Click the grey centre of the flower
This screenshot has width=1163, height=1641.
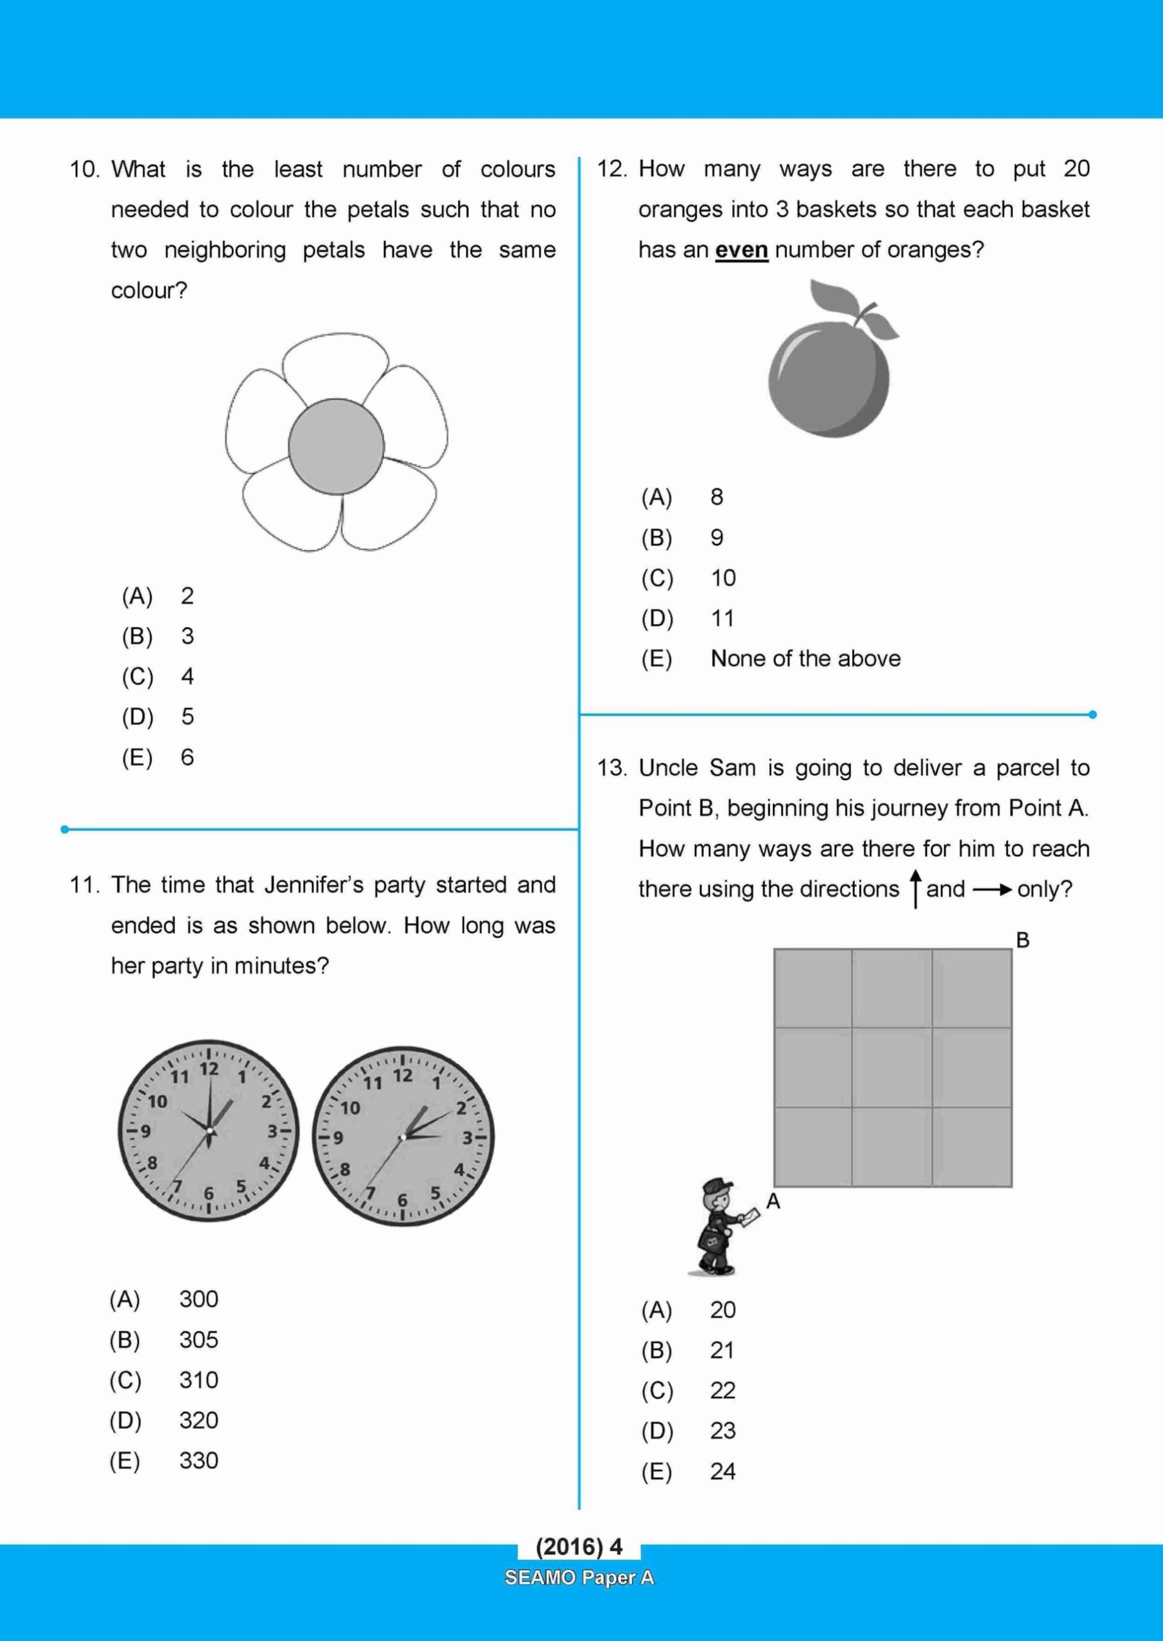pyautogui.click(x=336, y=446)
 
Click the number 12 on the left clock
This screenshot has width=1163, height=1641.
pyautogui.click(x=209, y=1070)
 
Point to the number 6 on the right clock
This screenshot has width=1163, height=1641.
pyautogui.click(x=403, y=1200)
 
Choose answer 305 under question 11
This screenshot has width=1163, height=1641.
pyautogui.click(x=198, y=1339)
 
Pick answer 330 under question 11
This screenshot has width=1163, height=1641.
pyautogui.click(x=198, y=1461)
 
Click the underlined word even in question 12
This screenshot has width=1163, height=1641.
pyautogui.click(x=741, y=250)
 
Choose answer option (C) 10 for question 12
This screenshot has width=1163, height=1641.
pyautogui.click(x=722, y=578)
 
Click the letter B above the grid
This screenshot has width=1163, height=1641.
pyautogui.click(x=1023, y=940)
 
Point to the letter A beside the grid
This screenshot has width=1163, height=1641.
pyautogui.click(x=773, y=1202)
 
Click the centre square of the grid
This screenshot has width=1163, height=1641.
pyautogui.click(x=892, y=1067)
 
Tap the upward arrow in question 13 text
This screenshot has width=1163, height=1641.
pyautogui.click(x=916, y=888)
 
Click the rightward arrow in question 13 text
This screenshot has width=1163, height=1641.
pyautogui.click(x=992, y=889)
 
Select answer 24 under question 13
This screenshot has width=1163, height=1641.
pyautogui.click(x=722, y=1471)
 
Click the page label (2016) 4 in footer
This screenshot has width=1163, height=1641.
pyautogui.click(x=579, y=1547)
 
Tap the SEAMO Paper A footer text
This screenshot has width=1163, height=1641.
pyautogui.click(x=579, y=1577)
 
